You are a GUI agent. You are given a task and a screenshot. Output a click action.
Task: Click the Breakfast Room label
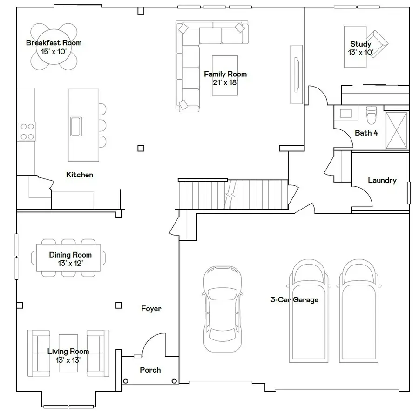click(54, 43)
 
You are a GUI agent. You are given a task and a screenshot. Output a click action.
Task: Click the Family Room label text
click(225, 74)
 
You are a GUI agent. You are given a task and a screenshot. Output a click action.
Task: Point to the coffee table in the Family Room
click(225, 75)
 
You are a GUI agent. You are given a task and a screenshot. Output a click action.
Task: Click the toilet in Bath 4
click(371, 114)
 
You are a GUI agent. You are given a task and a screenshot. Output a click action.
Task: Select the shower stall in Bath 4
click(397, 130)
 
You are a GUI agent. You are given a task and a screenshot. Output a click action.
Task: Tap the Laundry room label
click(382, 180)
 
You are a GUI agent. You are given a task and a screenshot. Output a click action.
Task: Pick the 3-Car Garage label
click(294, 299)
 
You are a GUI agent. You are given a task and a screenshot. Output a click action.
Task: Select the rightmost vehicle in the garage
click(358, 311)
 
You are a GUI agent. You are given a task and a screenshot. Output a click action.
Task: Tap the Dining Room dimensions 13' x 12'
click(70, 263)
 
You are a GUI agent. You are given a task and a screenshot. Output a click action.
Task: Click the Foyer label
click(151, 308)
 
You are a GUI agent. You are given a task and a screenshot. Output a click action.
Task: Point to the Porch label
click(150, 370)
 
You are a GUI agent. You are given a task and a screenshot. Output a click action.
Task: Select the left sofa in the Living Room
click(39, 353)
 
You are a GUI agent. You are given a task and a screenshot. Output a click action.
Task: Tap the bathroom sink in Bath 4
click(346, 114)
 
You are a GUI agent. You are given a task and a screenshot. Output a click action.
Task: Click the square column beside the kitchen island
click(141, 149)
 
